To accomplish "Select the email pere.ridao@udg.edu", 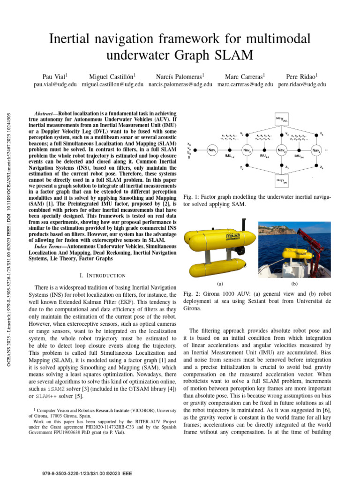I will click(x=302, y=84).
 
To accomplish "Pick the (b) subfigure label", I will click(x=295, y=284).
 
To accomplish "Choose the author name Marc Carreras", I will click(x=245, y=76).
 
